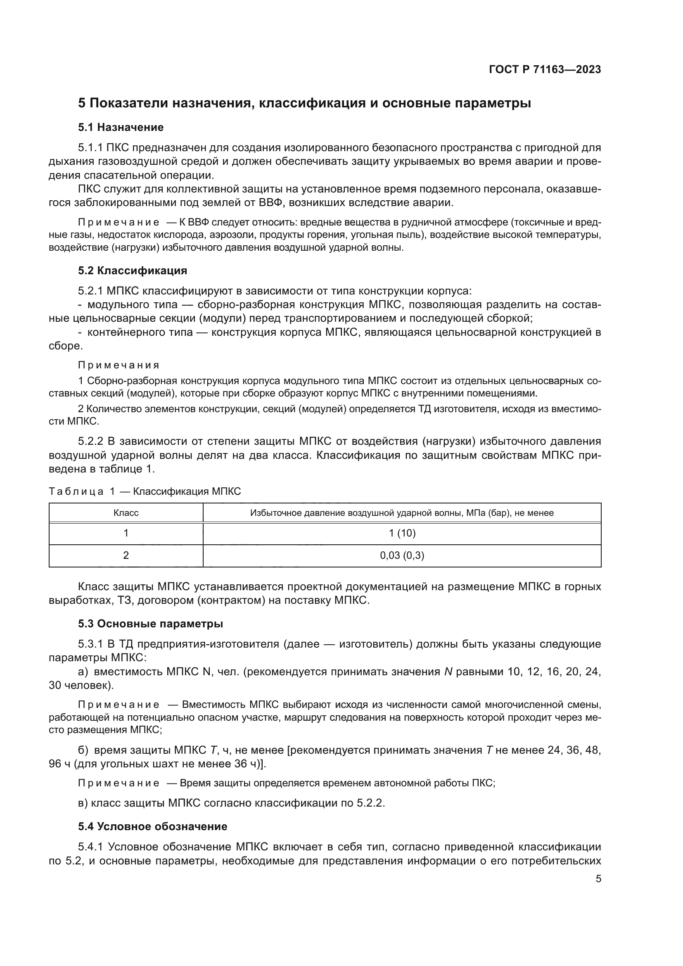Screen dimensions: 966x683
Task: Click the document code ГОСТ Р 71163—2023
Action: point(545,70)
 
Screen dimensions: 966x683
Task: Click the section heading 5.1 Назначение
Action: point(121,127)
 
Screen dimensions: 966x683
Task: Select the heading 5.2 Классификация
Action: point(133,271)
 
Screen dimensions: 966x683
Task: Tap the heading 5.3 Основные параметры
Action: point(150,624)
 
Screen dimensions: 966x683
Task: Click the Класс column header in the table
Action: point(126,513)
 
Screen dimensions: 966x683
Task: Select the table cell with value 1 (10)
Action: point(402,533)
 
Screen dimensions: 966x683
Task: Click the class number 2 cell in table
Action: point(126,555)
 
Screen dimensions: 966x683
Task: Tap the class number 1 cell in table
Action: point(126,533)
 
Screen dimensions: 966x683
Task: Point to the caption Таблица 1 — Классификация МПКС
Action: point(145,491)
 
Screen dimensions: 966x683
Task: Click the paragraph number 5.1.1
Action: point(90,148)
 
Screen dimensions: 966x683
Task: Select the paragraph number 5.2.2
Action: point(90,441)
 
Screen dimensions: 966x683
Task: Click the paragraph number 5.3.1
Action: point(90,644)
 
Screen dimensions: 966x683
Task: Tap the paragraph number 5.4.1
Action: point(90,847)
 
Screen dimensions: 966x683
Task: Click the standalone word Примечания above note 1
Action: point(119,365)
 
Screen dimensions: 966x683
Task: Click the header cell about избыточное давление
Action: point(402,513)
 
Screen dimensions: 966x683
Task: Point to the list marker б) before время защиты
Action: point(83,750)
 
